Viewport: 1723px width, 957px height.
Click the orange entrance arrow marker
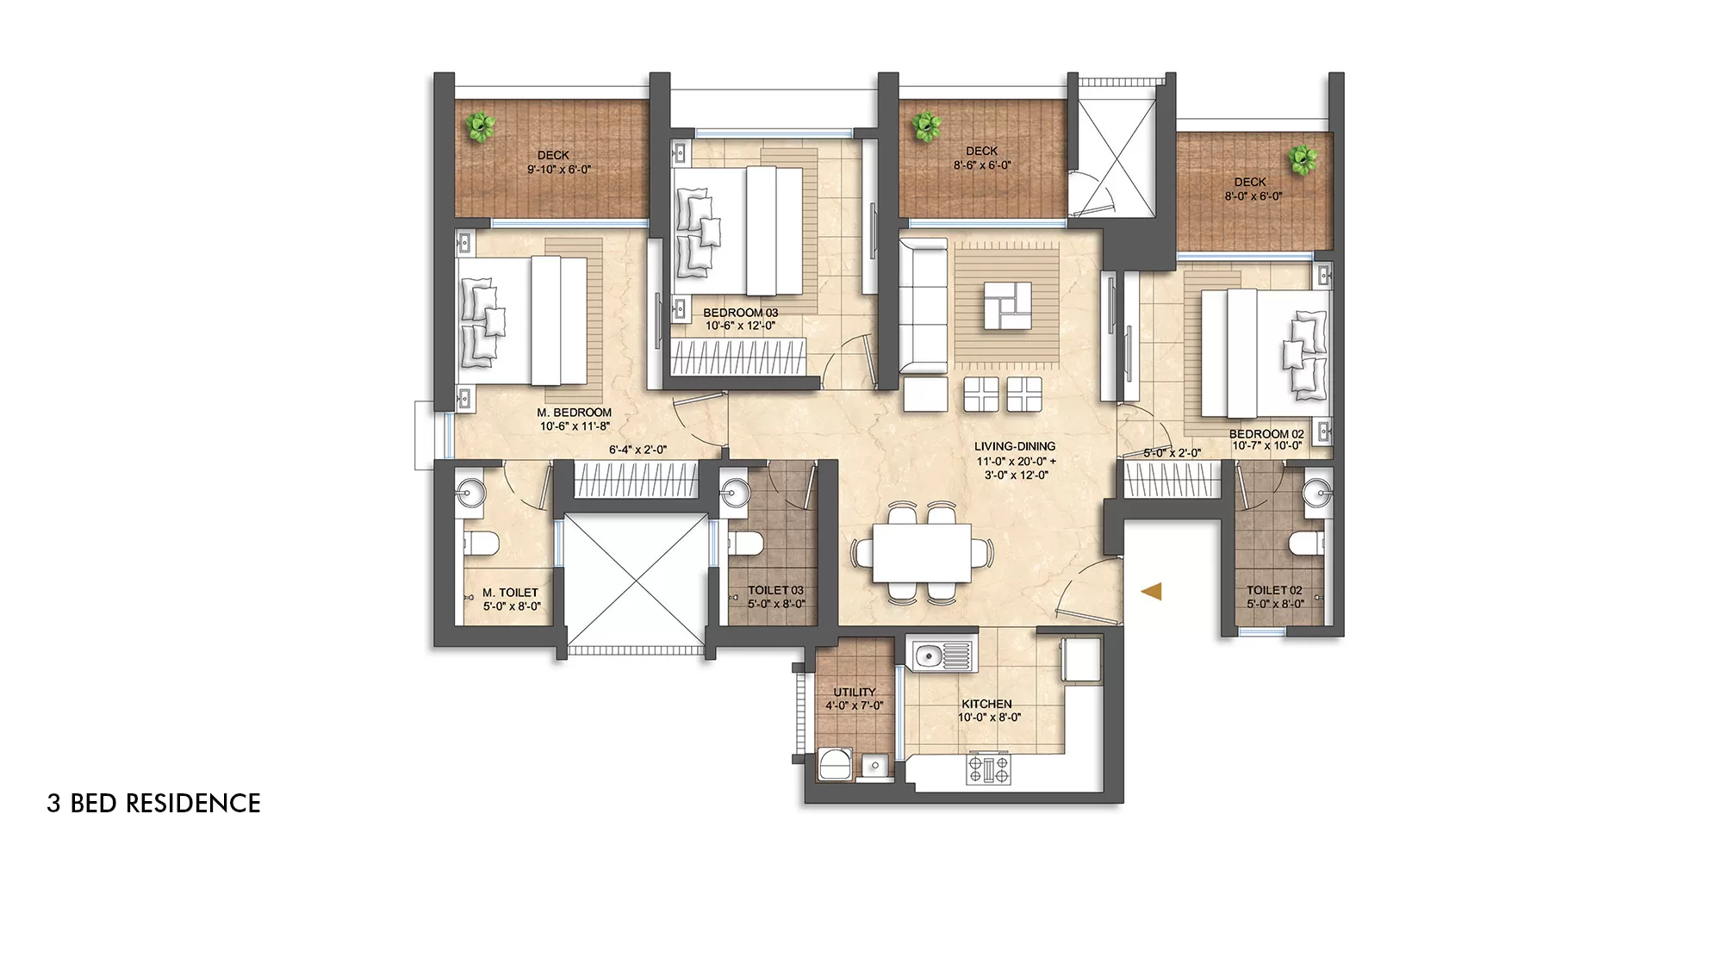tap(1152, 591)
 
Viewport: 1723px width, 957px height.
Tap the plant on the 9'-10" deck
tap(479, 127)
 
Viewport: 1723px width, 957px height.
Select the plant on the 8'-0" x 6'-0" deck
tap(1302, 159)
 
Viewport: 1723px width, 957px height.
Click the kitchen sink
tap(929, 656)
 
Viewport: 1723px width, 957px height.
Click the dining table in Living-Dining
tap(921, 553)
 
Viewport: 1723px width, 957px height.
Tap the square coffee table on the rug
tap(1007, 306)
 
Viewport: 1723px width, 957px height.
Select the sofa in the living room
tap(923, 306)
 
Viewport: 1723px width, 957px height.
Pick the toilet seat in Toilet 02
tap(1304, 544)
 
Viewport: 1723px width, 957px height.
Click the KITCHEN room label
tap(986, 704)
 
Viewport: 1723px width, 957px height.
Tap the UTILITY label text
tap(854, 692)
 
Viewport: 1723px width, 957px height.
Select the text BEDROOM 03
tap(740, 313)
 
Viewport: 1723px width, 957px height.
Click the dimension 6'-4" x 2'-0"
tap(638, 450)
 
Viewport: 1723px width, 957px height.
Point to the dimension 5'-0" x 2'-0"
tap(1172, 453)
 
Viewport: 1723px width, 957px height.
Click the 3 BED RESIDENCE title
tap(153, 803)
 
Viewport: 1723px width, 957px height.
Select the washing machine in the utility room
tap(834, 765)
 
